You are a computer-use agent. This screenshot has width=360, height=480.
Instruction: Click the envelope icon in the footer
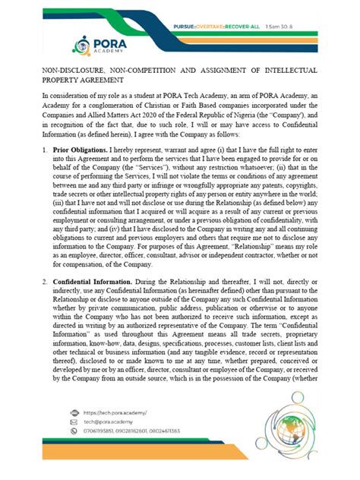(x=73, y=422)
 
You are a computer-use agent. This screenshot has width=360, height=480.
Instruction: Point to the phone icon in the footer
(x=73, y=431)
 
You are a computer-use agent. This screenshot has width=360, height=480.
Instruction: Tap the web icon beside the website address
(x=73, y=412)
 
